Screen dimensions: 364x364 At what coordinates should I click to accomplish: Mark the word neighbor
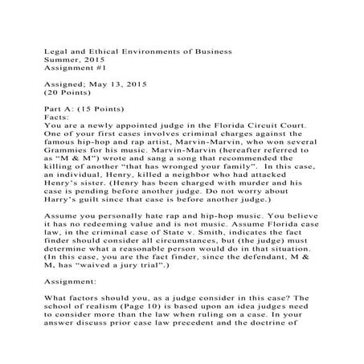186,189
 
